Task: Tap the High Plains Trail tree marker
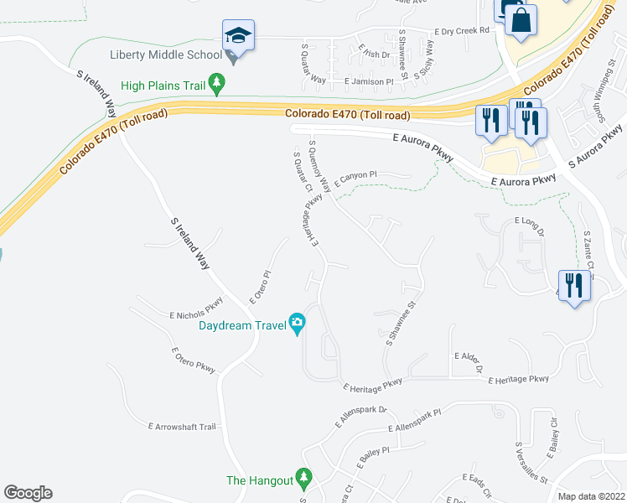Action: click(x=218, y=83)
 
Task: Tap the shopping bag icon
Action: click(x=521, y=20)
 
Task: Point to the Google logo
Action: click(x=28, y=493)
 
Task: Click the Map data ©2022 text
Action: click(x=591, y=496)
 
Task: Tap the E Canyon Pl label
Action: click(x=356, y=178)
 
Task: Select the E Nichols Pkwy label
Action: click(x=196, y=309)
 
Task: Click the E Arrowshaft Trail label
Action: click(x=182, y=427)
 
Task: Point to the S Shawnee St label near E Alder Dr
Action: click(x=402, y=324)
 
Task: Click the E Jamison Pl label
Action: click(x=369, y=82)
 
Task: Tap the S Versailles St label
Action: click(x=531, y=463)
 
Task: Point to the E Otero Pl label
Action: click(x=261, y=287)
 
